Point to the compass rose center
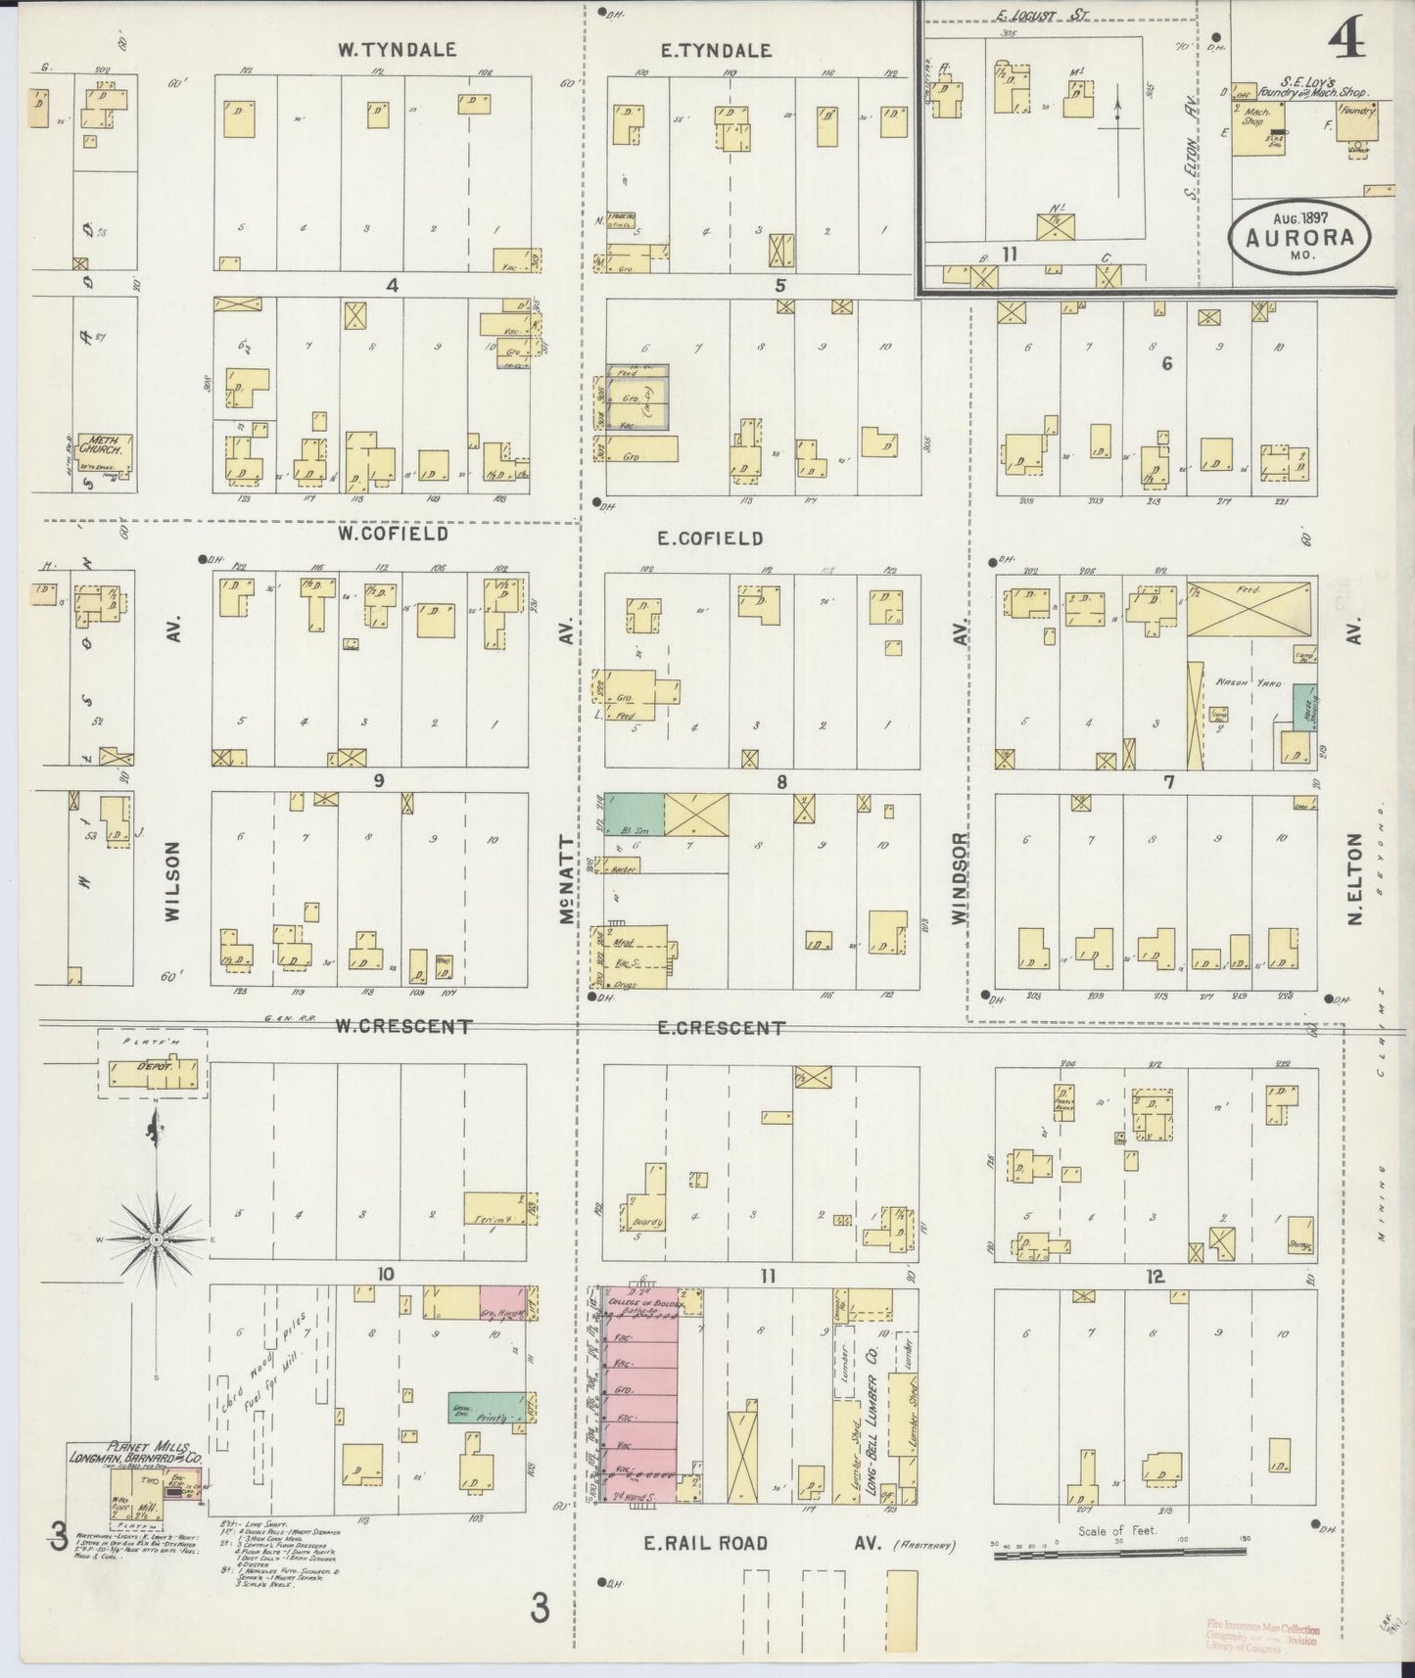click(156, 1238)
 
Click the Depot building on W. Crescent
click(157, 1075)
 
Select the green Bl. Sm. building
click(634, 815)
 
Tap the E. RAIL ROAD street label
click(705, 1543)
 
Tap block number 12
click(1156, 1276)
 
